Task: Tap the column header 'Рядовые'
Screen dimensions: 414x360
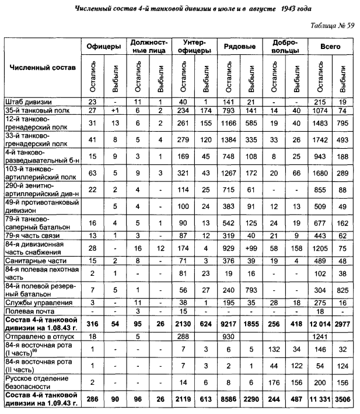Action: click(236, 46)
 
